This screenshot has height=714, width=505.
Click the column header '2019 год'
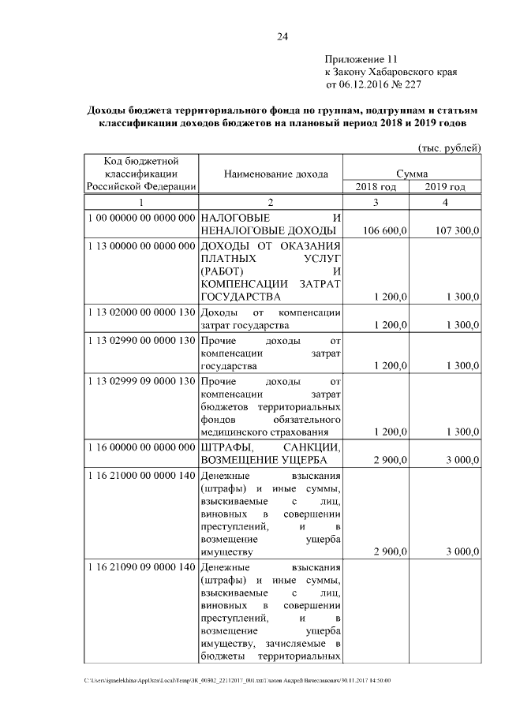(444, 187)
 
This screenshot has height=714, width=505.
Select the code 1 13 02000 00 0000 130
(141, 312)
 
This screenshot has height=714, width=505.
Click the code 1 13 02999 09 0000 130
(141, 381)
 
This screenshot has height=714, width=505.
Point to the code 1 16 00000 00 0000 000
(141, 447)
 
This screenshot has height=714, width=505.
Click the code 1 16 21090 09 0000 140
(141, 567)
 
